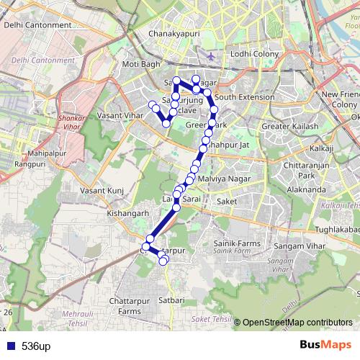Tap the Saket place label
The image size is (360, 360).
pyautogui.click(x=226, y=202)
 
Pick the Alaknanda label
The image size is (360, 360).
pyautogui.click(x=305, y=189)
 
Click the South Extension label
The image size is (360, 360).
pyautogui.click(x=244, y=97)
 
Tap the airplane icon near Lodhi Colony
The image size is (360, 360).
pyautogui.click(x=210, y=55)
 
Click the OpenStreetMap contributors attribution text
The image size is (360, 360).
pyautogui.click(x=297, y=322)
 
